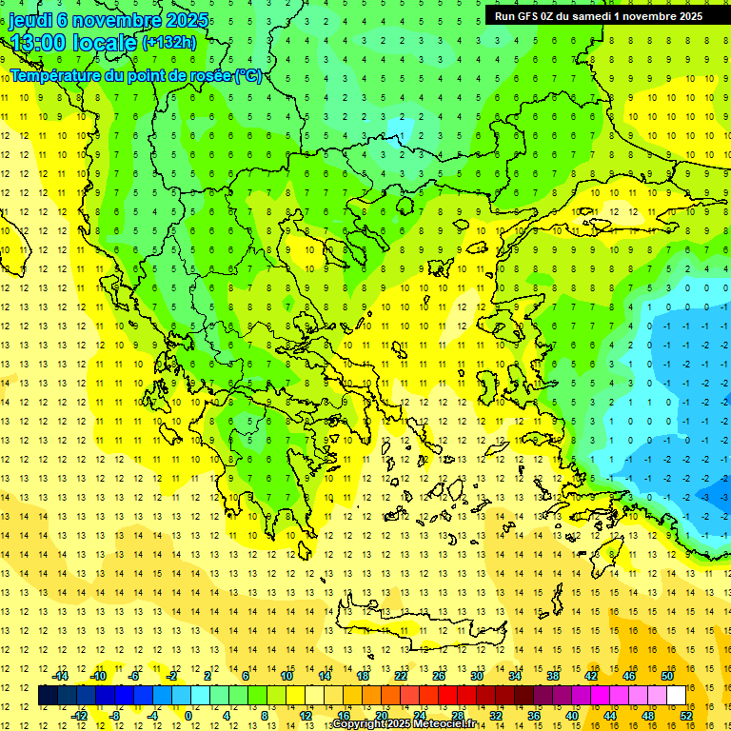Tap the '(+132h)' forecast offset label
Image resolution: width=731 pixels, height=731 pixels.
[x=168, y=42]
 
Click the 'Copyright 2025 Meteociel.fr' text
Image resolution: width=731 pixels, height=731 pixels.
[x=404, y=724]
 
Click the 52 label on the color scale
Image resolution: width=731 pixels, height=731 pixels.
[x=685, y=715]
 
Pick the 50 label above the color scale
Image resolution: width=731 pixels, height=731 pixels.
[x=666, y=676]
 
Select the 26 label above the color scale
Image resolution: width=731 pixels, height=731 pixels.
[x=439, y=676]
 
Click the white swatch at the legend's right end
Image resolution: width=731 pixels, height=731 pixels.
[x=676, y=696]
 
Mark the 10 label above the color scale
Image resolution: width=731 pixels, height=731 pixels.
[x=286, y=676]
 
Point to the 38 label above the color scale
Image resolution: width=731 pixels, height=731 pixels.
[x=553, y=676]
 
